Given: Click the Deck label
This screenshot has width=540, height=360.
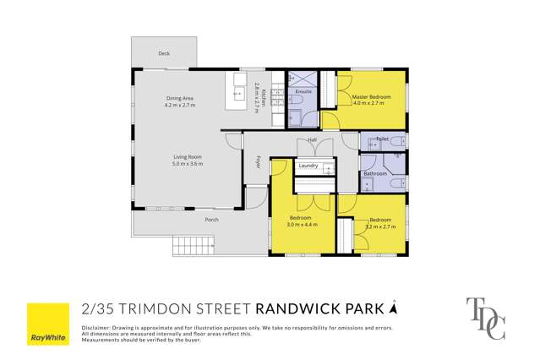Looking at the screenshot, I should click(x=163, y=53).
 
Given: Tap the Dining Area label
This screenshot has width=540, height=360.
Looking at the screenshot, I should click(x=180, y=100).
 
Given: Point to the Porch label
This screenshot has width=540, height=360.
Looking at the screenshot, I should click(x=211, y=220).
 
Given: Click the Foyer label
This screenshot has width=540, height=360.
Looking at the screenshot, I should click(x=259, y=160).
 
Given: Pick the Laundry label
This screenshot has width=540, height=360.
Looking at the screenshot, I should click(x=308, y=166).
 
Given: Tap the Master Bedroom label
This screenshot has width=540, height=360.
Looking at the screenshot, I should click(x=372, y=97).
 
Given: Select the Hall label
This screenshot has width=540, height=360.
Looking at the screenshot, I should click(x=312, y=139).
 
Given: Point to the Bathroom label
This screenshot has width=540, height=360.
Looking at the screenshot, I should click(x=374, y=174).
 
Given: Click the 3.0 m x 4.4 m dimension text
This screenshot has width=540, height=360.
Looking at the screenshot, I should click(x=302, y=225).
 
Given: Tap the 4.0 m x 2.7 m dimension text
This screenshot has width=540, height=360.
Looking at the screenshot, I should click(x=372, y=105).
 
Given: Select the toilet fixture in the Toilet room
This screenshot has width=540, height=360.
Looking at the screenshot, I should click(x=398, y=141).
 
